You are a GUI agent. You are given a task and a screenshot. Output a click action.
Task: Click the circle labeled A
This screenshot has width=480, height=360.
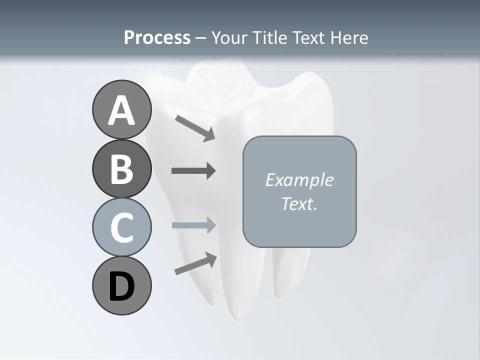coord(121,110)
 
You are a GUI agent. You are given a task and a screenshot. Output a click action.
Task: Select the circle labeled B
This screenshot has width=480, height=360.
coord(121,168)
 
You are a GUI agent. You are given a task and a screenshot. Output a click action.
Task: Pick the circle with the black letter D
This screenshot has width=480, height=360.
coord(121,285)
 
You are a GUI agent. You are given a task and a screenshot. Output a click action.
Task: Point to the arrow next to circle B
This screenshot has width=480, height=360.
coord(193,171)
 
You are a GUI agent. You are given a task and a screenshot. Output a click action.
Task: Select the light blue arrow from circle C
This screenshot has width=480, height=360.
coord(194,225)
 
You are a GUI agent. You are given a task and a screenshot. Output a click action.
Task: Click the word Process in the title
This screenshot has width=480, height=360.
coord(157,37)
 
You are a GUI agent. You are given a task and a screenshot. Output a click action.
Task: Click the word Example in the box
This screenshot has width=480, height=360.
coord(299,180)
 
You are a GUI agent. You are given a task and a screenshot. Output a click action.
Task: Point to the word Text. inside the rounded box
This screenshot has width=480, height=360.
coord(299,203)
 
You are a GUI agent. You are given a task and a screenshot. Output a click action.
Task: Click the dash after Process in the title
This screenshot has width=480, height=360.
coord(200,38)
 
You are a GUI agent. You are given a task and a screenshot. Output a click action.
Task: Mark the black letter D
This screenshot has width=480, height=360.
coord(121,286)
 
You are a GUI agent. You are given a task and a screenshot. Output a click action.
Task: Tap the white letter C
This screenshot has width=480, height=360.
coord(121,227)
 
